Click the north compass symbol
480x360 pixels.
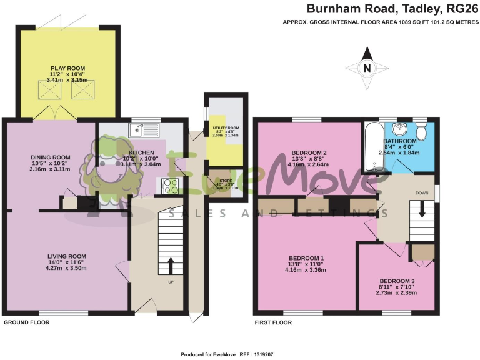click(x=366, y=69)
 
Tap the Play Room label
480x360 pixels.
click(x=68, y=68)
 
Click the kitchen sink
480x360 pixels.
click(x=144, y=130)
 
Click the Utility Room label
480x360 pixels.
click(x=226, y=127)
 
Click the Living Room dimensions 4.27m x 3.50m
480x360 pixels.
click(x=68, y=268)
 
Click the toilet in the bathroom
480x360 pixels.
click(x=421, y=131)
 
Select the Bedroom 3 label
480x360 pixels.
click(x=397, y=281)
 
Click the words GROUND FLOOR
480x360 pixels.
click(x=27, y=322)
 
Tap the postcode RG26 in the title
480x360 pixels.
click(x=461, y=9)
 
